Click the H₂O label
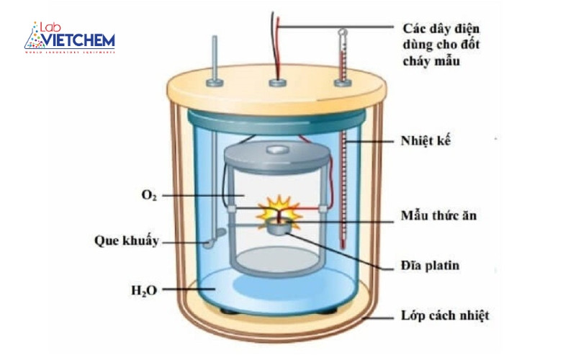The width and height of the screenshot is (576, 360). (145, 291)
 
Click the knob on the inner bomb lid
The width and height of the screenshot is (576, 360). (277, 149)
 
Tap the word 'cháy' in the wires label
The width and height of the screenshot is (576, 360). (416, 62)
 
